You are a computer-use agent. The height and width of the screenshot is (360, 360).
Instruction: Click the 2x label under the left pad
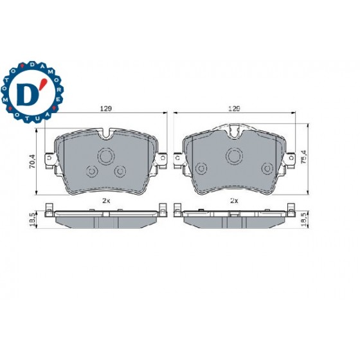(106, 200)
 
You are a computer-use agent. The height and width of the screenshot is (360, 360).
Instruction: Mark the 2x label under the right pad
(235, 200)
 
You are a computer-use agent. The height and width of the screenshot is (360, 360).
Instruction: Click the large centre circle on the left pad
(105, 156)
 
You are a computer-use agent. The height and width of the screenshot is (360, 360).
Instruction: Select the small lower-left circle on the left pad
(91, 171)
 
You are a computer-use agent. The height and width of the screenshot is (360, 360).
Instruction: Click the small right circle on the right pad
(266, 168)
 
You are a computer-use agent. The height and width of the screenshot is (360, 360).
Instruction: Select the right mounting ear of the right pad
(289, 157)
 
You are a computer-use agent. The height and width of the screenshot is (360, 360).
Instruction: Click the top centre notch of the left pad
(106, 134)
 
